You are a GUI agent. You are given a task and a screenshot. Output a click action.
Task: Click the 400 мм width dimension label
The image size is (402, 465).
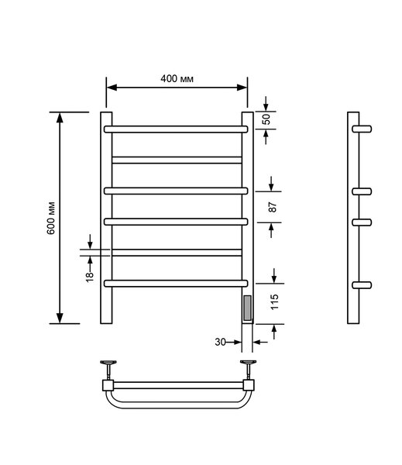177,78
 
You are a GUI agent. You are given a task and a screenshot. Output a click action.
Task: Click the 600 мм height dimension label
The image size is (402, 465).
51,218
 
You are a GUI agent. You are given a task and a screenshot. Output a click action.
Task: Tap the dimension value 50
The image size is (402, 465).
266,119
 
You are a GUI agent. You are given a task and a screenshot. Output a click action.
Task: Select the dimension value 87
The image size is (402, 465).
273,207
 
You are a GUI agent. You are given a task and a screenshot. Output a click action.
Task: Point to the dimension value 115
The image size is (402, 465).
275,302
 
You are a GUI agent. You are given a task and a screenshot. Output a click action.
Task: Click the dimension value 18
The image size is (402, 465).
90,277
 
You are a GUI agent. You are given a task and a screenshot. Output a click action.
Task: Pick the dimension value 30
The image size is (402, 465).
220,342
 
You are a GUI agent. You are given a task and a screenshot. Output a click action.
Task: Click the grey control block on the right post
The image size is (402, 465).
247,308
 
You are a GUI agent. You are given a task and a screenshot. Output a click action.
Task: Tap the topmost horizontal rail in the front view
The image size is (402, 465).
176,129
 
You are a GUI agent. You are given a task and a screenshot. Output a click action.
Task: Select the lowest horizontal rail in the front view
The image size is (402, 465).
176,284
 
